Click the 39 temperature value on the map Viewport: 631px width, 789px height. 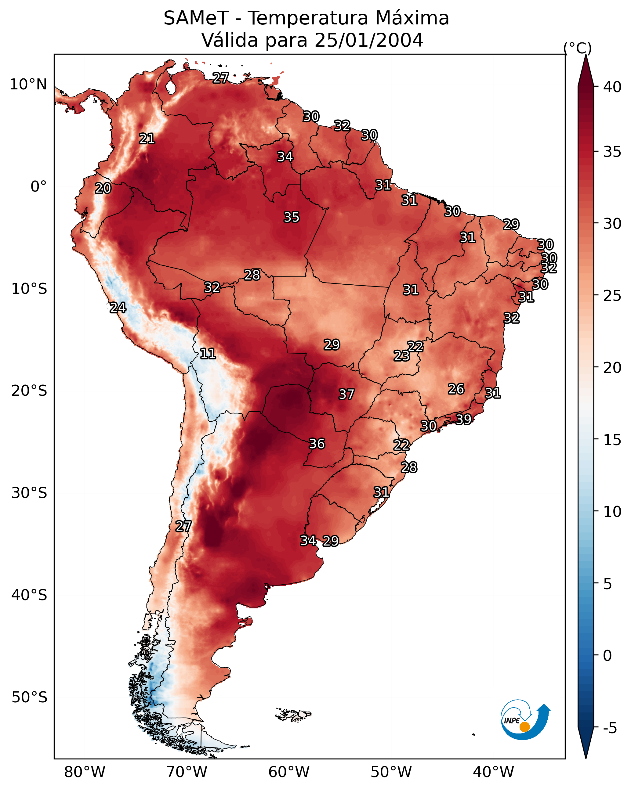coord(463,419)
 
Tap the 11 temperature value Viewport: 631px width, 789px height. coord(208,354)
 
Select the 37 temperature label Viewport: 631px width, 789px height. coord(346,394)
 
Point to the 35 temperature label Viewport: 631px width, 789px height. coord(292,217)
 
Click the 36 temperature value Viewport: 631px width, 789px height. coord(317,444)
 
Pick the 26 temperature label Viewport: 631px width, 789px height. coord(456,389)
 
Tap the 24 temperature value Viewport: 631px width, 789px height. coord(118,308)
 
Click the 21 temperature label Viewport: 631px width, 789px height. coord(147,138)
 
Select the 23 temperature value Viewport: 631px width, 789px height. coord(401,356)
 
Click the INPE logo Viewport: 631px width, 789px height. coord(525,720)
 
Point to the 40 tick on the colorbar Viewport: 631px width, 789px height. coord(612,87)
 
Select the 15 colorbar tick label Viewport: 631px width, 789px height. coord(612,440)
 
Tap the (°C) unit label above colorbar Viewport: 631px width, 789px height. coord(578,48)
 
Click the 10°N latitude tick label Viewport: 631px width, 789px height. coord(28,85)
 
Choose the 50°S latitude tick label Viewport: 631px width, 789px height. coord(29,697)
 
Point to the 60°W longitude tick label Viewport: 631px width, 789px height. coord(289,772)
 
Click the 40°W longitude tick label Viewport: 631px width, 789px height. coord(493,772)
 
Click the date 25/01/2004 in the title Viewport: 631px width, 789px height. coord(369,40)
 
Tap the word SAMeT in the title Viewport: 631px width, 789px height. coord(196,18)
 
